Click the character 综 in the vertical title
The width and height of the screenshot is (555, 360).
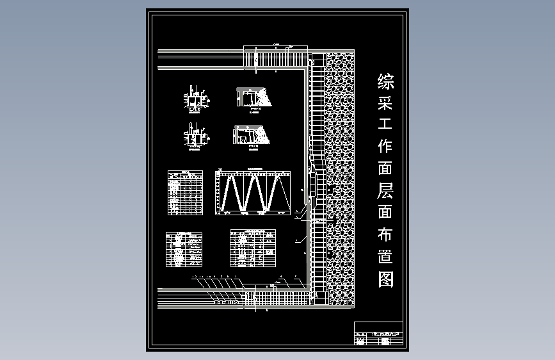tap(386, 81)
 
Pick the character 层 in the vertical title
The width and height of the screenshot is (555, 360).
tap(386, 191)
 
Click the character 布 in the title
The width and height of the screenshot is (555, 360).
tap(386, 234)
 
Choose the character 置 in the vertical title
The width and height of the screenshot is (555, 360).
tap(386, 257)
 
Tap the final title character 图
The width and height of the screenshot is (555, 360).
tap(386, 279)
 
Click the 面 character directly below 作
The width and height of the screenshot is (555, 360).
tap(386, 168)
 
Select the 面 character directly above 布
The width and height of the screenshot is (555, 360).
tap(386, 213)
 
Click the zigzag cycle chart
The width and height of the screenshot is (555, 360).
tap(253, 192)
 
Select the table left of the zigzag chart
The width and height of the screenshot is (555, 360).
tap(185, 192)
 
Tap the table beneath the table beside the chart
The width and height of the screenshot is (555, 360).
tap(184, 249)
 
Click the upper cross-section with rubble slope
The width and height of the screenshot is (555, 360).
tap(254, 97)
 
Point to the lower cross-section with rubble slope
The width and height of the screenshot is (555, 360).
tap(253, 136)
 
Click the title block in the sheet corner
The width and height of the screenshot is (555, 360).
tap(378, 334)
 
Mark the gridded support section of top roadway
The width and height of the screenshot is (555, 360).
tap(275, 59)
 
